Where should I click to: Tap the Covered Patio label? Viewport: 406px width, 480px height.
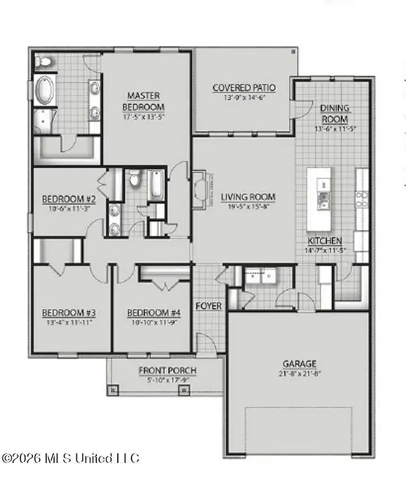click(x=244, y=88)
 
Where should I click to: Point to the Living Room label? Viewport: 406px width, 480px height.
click(x=248, y=197)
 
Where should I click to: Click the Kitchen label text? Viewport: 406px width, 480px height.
click(x=325, y=241)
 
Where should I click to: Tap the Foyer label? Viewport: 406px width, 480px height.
click(x=208, y=306)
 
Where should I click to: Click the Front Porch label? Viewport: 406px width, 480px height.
click(x=167, y=371)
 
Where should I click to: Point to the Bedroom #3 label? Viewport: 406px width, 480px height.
click(x=68, y=313)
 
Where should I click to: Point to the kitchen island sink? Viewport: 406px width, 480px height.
click(x=324, y=198)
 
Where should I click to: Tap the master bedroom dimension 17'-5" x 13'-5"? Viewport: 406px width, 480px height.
click(x=145, y=117)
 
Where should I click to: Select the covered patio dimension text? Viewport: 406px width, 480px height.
click(x=244, y=97)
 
